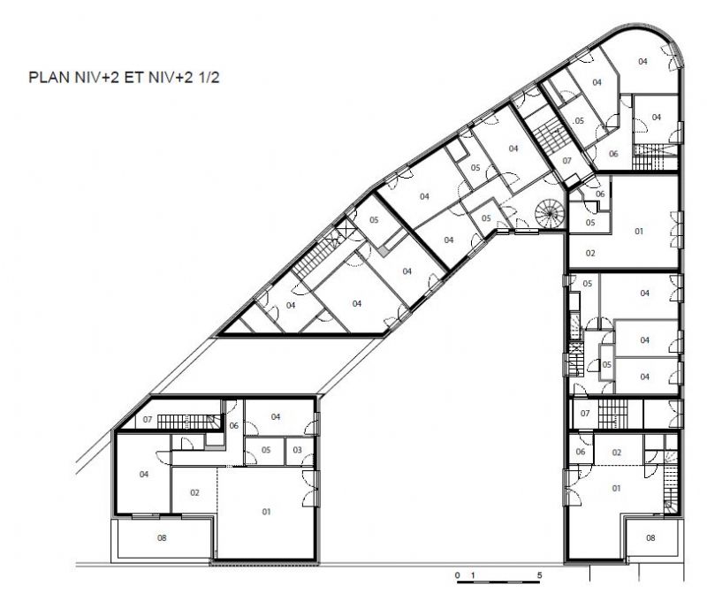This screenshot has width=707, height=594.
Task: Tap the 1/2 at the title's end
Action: [208, 77]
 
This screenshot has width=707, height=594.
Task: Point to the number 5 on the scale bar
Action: [539, 575]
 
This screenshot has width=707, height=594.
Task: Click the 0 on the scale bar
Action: [458, 575]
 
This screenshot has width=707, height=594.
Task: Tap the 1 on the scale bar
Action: [473, 575]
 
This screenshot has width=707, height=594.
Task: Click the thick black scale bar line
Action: [498, 582]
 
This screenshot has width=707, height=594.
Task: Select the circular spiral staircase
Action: [549, 213]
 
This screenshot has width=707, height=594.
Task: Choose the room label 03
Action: [297, 450]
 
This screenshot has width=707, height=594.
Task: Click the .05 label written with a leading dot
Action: [579, 120]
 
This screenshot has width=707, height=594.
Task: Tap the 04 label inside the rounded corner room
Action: [642, 61]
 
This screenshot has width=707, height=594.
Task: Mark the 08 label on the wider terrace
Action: [162, 537]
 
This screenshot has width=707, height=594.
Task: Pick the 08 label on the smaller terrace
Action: [650, 537]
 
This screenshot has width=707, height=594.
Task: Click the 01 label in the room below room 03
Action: [266, 512]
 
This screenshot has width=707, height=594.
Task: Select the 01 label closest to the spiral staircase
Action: [638, 231]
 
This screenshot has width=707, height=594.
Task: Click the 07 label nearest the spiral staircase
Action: [566, 160]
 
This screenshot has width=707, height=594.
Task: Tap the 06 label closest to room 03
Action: [233, 425]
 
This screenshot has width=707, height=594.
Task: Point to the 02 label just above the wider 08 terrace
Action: [194, 492]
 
